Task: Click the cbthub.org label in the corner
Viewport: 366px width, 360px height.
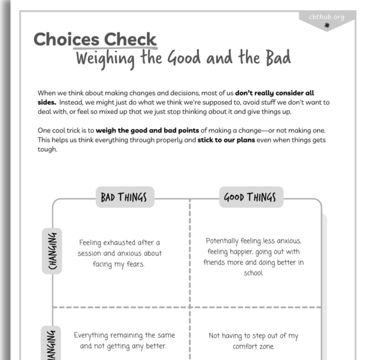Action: tap(326, 17)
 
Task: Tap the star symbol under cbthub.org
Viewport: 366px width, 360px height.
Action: tap(327, 25)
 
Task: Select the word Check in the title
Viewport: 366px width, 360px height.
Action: tap(130, 40)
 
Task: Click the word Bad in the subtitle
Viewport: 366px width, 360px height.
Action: tap(277, 59)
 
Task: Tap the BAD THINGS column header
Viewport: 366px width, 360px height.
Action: tap(124, 197)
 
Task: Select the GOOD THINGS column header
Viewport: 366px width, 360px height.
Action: tap(250, 197)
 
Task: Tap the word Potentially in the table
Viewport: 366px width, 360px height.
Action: tap(227, 241)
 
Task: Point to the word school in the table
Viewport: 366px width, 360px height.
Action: tap(253, 273)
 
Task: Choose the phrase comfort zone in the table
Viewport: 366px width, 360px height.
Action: tap(254, 347)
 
